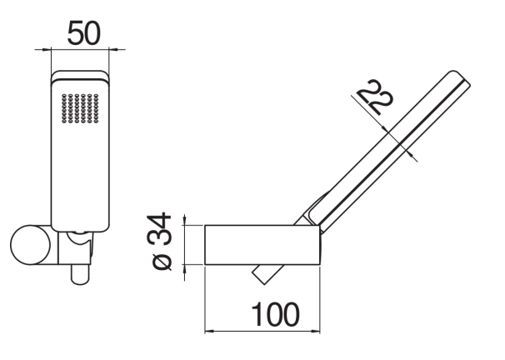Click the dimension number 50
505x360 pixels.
pyautogui.click(x=84, y=32)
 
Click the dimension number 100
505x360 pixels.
pyautogui.click(x=276, y=314)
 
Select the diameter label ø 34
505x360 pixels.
pyautogui.click(x=159, y=241)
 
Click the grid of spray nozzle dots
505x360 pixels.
pyautogui.click(x=80, y=108)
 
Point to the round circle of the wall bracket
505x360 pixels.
pyautogui.click(x=31, y=245)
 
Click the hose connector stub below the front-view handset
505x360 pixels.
pyautogui.click(x=80, y=275)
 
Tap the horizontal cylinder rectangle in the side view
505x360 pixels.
pyautogui.click(x=262, y=245)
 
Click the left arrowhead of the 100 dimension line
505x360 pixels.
pyautogui.click(x=208, y=331)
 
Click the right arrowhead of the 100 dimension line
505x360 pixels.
pyautogui.click(x=316, y=331)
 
